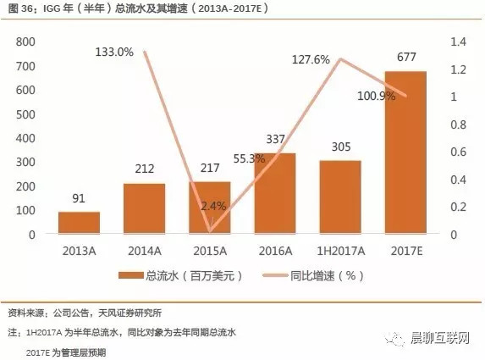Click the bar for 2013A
(79, 223)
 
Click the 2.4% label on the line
(213, 205)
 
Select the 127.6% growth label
(310, 59)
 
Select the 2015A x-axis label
(209, 250)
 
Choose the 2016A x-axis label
(274, 250)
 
